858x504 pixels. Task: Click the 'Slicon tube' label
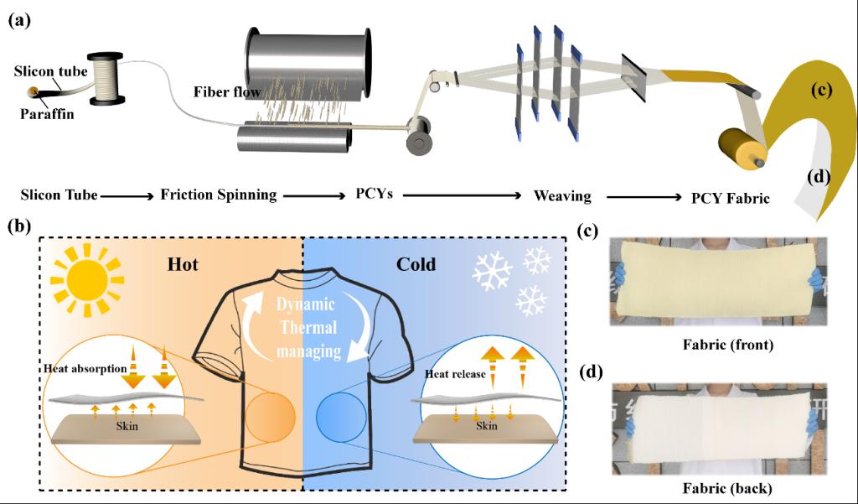coord(50,71)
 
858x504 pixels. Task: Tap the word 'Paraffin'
coord(48,115)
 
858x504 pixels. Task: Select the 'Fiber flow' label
coord(223,91)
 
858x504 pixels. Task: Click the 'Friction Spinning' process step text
coord(218,195)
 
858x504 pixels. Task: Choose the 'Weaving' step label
coord(562,195)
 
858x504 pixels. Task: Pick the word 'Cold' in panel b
coord(416,264)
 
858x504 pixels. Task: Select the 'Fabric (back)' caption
coord(718,487)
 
